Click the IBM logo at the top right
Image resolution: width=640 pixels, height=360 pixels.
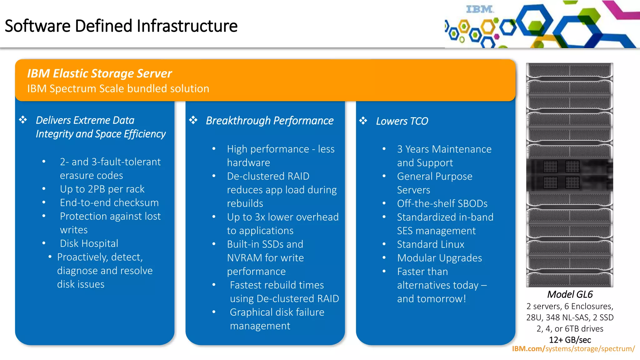(479, 9)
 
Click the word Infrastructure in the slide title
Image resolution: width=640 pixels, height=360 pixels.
(187, 26)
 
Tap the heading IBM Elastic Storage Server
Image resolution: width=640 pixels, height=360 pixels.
(99, 73)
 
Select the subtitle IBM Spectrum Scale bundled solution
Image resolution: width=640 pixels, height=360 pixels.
(118, 89)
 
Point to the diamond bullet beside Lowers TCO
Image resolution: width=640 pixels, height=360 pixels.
(363, 121)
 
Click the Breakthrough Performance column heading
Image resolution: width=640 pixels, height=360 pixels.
(269, 121)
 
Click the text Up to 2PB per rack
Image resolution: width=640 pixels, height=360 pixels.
(102, 189)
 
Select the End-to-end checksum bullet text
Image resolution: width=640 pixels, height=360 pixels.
(109, 203)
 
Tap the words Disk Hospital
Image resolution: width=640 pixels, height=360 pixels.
(89, 243)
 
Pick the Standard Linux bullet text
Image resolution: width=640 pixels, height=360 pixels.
(430, 244)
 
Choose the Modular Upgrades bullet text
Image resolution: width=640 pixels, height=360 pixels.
(439, 258)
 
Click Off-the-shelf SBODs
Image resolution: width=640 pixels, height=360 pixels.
(442, 204)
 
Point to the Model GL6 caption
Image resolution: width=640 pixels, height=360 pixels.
(570, 294)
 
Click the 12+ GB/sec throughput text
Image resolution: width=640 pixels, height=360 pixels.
(570, 340)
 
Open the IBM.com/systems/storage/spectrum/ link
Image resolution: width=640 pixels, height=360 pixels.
(573, 349)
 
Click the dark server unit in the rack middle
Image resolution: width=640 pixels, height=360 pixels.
(569, 175)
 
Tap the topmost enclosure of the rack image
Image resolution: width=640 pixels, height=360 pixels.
(569, 71)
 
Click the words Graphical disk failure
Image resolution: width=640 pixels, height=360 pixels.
(277, 312)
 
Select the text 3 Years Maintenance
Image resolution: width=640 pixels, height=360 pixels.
(444, 149)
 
